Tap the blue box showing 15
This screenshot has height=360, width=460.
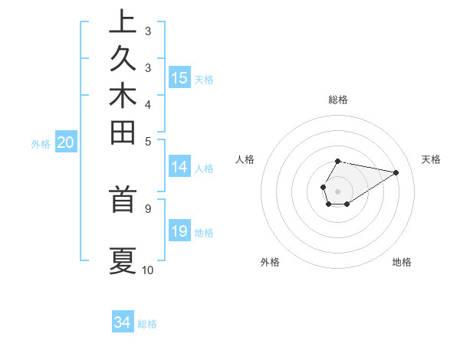(x=179, y=77)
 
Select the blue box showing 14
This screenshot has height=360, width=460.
(x=179, y=167)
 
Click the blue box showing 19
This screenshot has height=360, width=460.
(x=179, y=231)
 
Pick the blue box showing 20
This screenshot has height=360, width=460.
(x=66, y=142)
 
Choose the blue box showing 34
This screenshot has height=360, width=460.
(x=123, y=322)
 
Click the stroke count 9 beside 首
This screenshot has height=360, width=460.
(x=148, y=207)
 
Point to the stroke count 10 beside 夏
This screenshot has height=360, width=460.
(x=148, y=270)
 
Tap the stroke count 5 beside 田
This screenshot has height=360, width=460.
(x=148, y=141)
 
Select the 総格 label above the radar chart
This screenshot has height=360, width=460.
(x=338, y=100)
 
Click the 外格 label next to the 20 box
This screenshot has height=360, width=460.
(x=41, y=143)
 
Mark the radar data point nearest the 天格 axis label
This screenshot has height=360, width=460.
(x=396, y=172)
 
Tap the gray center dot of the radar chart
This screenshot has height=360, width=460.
(x=338, y=191)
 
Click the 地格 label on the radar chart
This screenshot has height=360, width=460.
(x=402, y=262)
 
